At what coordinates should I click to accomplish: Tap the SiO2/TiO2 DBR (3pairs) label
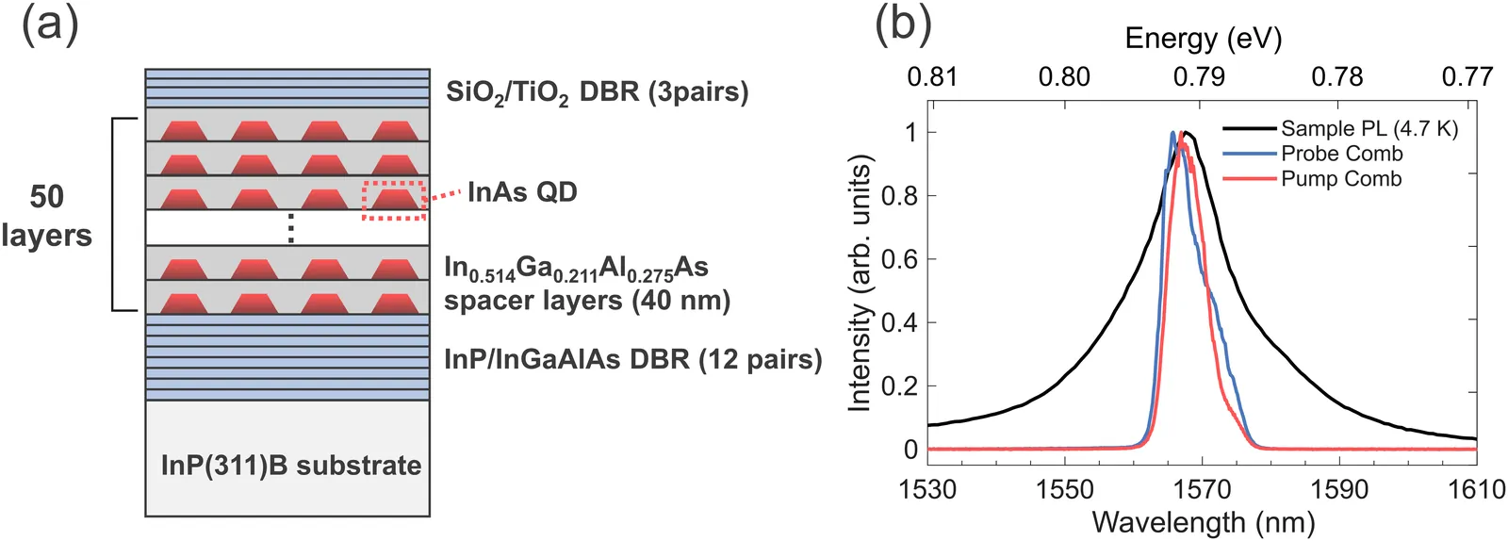coord(598,93)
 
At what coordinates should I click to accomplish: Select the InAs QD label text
coord(522,192)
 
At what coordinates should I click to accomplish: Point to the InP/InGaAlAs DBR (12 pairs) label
coord(633,359)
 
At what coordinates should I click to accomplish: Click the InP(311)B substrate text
coord(291,466)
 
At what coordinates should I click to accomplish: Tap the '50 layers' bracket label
coord(46,216)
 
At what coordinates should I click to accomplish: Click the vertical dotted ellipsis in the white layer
coord(291,228)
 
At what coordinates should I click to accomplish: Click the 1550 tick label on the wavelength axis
coord(1064,488)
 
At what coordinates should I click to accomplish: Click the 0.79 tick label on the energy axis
coord(1199,77)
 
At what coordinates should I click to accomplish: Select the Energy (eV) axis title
coord(1203,39)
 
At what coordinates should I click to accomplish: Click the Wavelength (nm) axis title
coord(1203,522)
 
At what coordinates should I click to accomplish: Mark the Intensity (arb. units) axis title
coord(861,284)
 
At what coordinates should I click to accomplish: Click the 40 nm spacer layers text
coord(587,300)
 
